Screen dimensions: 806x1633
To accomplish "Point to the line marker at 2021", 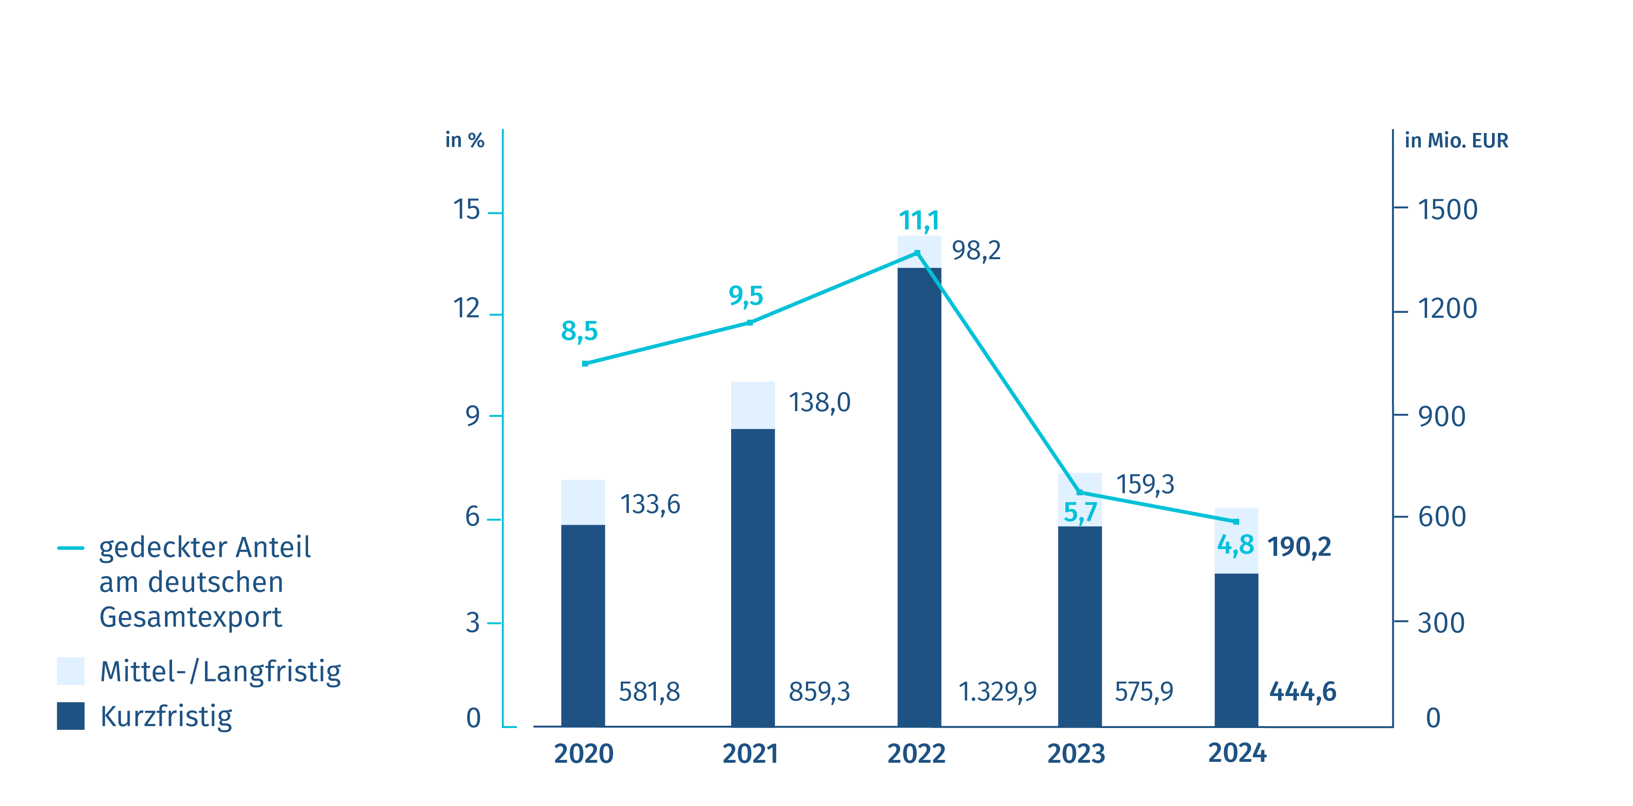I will (750, 323).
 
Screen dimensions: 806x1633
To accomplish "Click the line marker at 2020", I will (585, 363).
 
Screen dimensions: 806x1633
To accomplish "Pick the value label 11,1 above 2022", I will (919, 221).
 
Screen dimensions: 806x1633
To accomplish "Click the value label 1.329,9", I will (997, 691).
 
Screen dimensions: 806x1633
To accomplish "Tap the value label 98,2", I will (976, 251).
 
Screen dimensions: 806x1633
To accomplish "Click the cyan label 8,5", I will (579, 331).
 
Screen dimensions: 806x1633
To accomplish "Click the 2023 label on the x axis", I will (1076, 753).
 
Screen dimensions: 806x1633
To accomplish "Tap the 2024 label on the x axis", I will (1237, 753).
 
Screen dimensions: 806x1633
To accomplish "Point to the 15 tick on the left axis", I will (467, 210).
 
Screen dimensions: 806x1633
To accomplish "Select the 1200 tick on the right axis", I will (1447, 309).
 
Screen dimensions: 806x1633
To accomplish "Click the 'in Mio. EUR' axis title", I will (1456, 140).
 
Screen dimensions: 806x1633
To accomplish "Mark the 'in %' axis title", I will (464, 140).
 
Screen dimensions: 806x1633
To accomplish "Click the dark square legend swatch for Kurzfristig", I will (70, 716).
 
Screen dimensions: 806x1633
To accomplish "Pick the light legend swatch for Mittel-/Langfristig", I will (70, 671).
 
